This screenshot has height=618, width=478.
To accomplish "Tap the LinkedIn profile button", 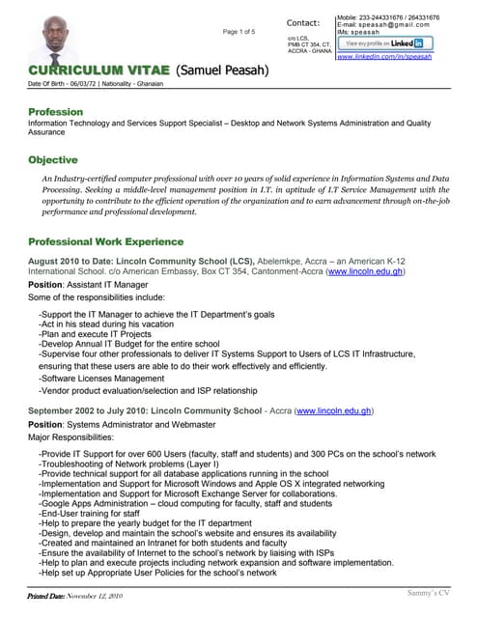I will (384, 43).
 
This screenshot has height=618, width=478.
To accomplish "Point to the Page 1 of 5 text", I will (239, 32).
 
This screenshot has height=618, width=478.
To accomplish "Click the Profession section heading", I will (55, 112).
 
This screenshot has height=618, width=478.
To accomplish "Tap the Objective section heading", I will (53, 158).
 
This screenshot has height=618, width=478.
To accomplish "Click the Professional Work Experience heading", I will (105, 241).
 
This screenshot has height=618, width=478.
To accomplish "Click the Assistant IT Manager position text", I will (107, 286).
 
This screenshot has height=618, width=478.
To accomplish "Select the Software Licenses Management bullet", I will (101, 379).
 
